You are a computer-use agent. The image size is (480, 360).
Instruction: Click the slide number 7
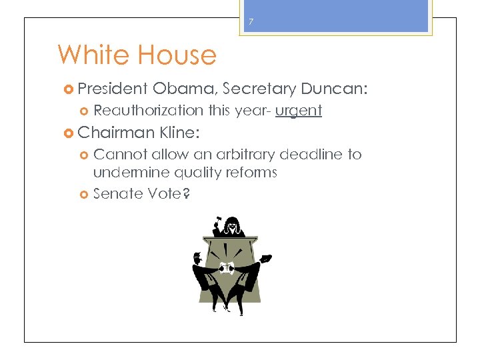(x=251, y=22)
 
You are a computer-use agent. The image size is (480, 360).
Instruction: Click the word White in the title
(x=93, y=55)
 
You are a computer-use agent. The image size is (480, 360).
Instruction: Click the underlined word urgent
(x=298, y=110)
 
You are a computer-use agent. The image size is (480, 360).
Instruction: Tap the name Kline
(x=176, y=133)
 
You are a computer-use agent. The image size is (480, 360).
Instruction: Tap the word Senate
(x=113, y=193)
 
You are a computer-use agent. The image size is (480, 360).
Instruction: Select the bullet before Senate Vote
(x=84, y=194)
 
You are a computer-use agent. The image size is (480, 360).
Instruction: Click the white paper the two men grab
(x=226, y=269)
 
